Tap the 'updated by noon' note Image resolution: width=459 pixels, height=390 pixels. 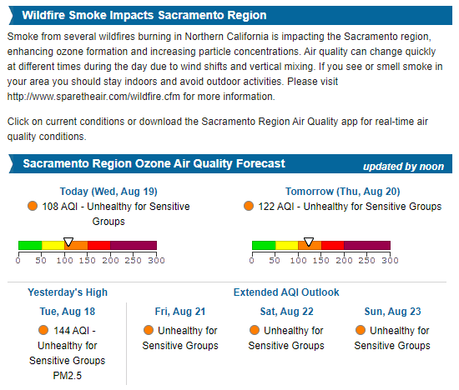403,166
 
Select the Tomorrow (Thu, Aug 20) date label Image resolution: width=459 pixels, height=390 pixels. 343,191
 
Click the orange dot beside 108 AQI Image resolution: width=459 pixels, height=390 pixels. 33,207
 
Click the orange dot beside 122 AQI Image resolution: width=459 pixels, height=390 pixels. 248,207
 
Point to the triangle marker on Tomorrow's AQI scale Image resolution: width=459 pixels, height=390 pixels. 309,241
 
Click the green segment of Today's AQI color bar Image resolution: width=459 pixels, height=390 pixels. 30,246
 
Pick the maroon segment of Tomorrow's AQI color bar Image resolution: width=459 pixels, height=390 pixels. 367,246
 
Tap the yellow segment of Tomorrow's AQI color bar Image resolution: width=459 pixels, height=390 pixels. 286,246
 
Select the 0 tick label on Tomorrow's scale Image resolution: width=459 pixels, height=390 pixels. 252,260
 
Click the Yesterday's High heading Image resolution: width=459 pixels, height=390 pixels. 68,292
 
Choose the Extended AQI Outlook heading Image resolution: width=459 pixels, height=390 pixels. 286,292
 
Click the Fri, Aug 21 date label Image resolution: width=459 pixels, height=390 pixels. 180,311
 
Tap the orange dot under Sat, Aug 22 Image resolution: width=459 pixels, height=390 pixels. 255,331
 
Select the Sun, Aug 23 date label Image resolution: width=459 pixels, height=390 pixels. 391,311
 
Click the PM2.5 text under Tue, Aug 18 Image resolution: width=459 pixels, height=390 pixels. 68,376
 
